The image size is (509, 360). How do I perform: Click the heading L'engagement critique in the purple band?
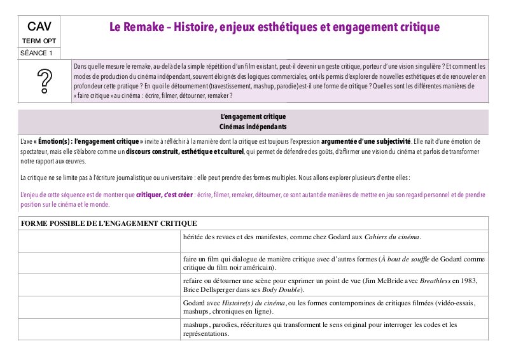(253, 117)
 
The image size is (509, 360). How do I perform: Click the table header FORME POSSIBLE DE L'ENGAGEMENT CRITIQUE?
(108, 223)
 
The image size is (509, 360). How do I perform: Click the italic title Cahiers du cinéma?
(393, 237)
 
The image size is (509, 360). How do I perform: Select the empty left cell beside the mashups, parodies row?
(99, 329)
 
